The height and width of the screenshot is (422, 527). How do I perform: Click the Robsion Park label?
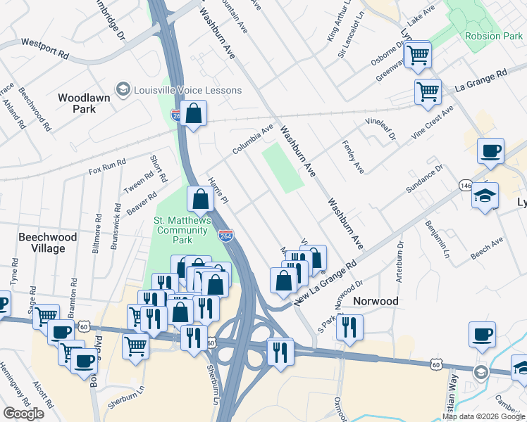[x=493, y=36]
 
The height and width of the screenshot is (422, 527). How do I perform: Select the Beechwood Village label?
[x=47, y=243]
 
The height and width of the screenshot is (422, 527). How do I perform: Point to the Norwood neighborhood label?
[x=376, y=301]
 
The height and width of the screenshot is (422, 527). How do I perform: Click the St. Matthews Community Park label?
[x=183, y=230]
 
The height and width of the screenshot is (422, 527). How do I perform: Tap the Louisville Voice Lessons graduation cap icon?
[x=124, y=89]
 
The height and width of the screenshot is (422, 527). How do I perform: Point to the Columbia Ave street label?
[x=253, y=141]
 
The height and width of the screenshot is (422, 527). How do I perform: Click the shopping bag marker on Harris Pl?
[x=201, y=200]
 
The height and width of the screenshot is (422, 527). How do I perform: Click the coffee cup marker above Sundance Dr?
[x=490, y=151]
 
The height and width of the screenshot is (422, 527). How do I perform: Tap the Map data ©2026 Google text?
[x=483, y=416]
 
